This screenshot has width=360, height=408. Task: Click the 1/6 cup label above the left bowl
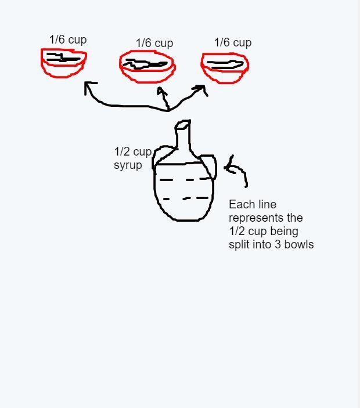(68, 40)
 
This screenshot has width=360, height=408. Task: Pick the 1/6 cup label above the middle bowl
(154, 43)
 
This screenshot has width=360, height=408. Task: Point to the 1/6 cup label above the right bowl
(233, 42)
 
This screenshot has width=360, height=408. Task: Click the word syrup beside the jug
(128, 165)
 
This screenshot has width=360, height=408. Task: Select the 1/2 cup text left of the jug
(133, 152)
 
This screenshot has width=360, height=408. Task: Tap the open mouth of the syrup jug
(183, 124)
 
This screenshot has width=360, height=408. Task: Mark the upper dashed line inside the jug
(185, 179)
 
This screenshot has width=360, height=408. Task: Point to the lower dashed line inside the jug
(186, 198)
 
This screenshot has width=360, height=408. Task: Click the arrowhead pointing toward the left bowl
(88, 86)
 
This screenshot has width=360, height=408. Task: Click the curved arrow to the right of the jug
(241, 169)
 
